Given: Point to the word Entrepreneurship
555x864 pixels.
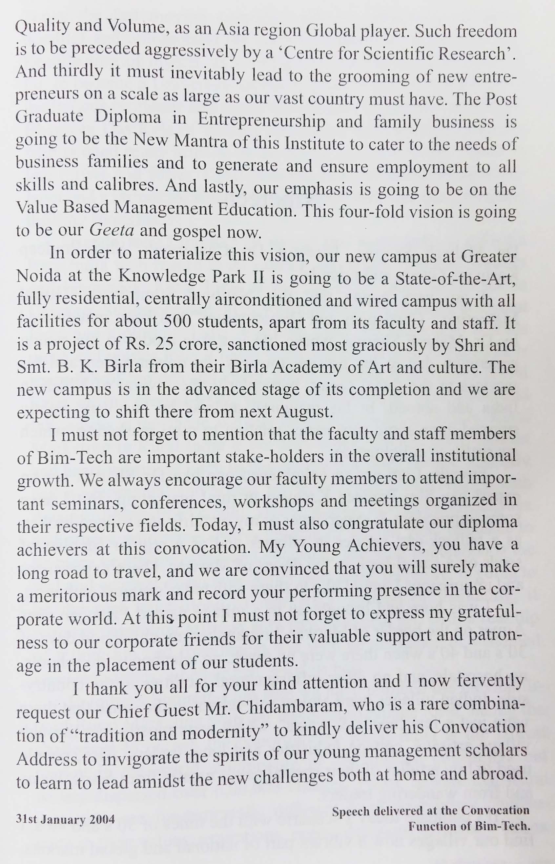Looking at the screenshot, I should [261, 120].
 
